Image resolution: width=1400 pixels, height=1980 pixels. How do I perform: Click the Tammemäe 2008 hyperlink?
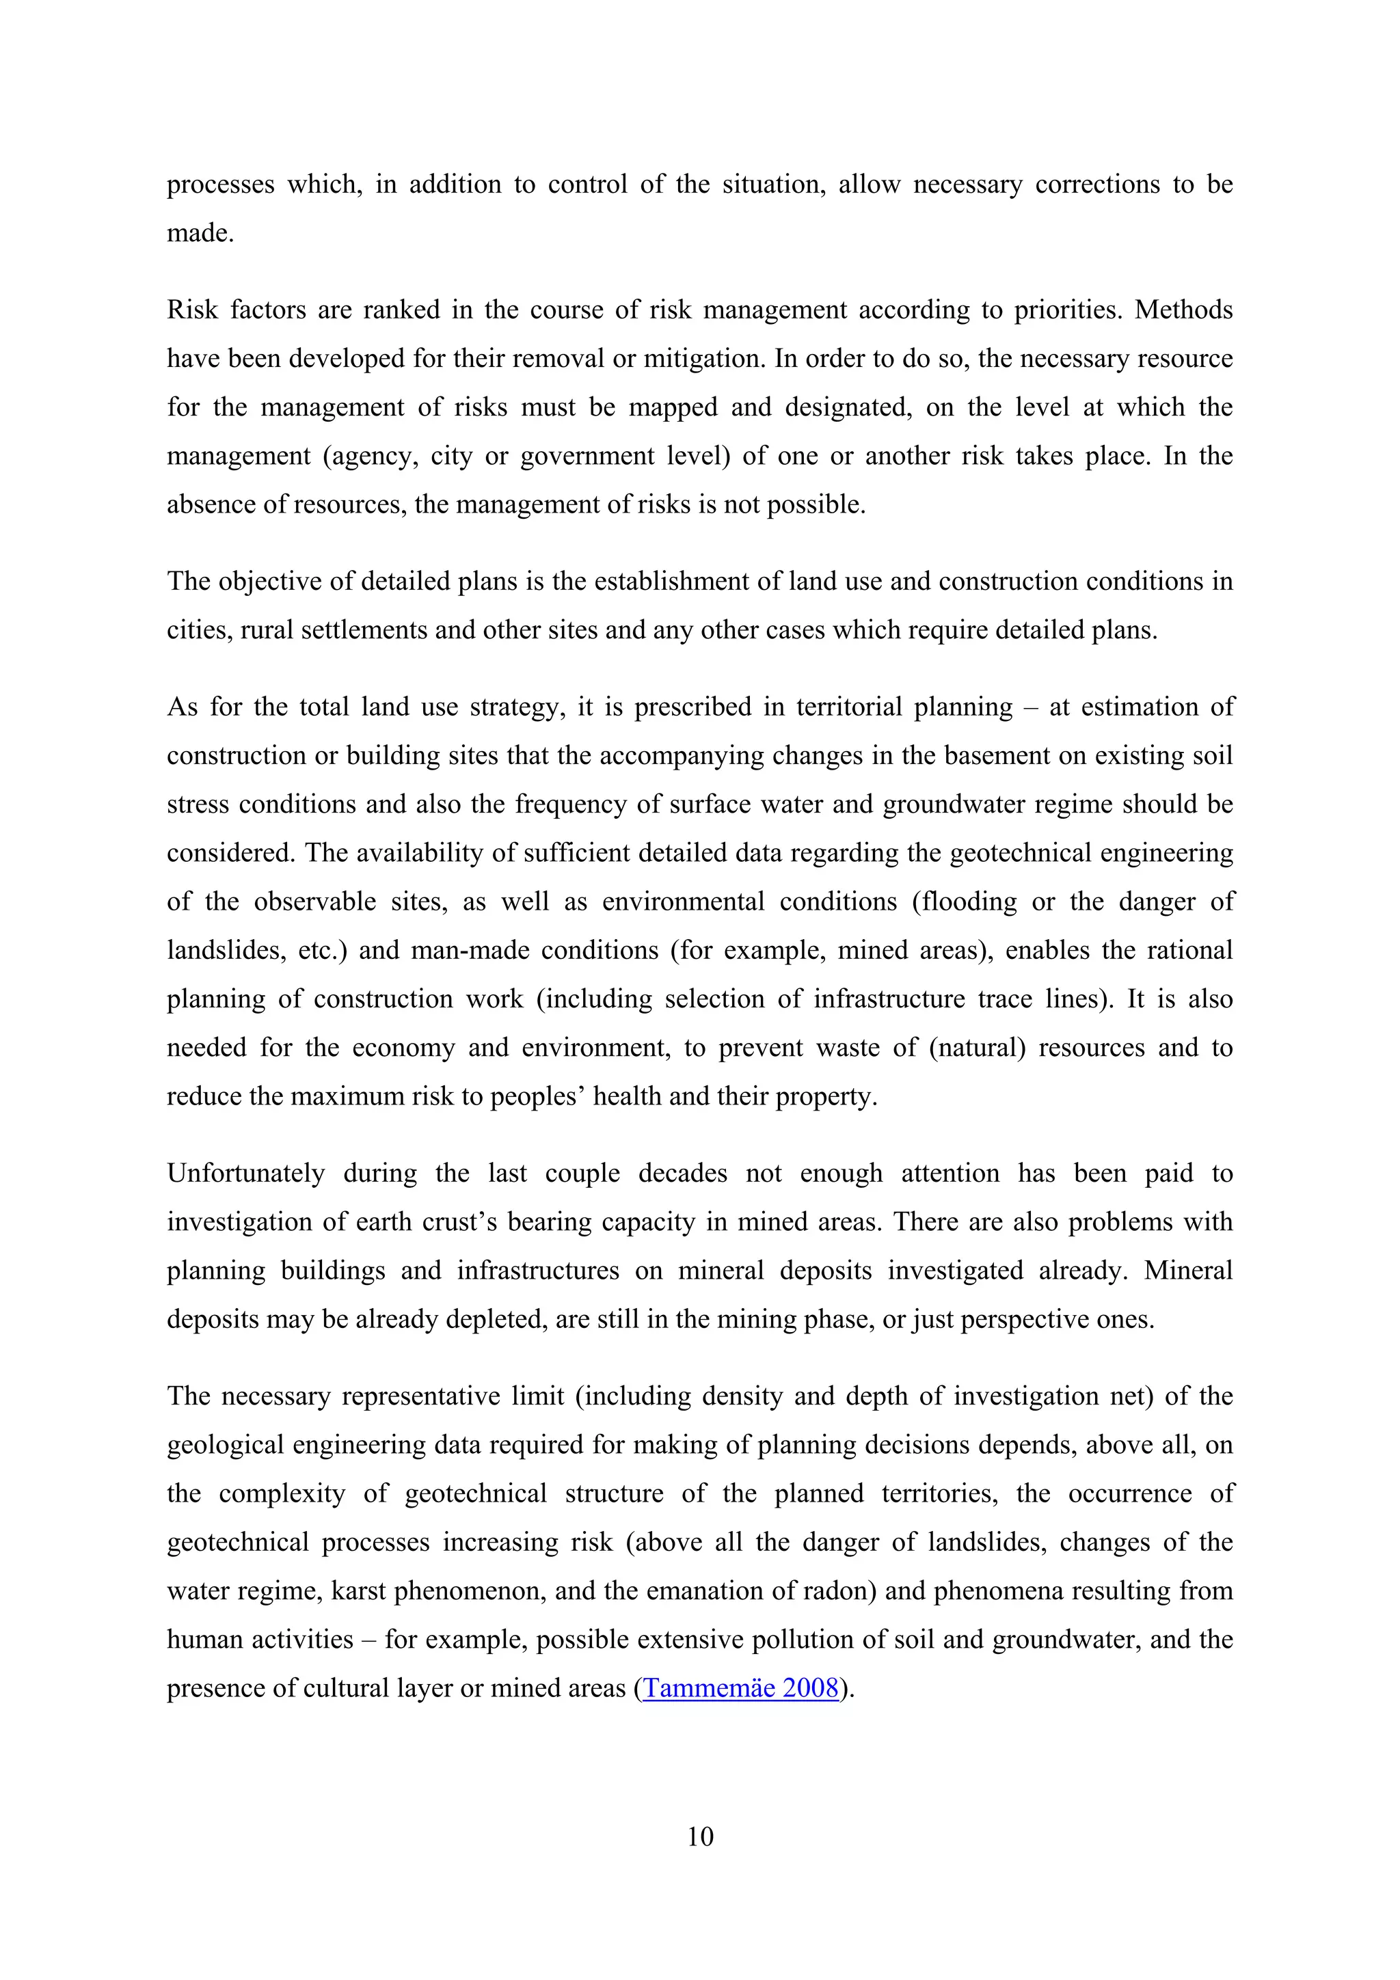[x=741, y=1687]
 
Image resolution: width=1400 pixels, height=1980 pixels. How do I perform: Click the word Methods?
[x=1183, y=310]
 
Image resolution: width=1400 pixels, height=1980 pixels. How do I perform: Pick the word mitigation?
[x=701, y=359]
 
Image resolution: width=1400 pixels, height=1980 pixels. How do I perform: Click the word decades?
[x=682, y=1174]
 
